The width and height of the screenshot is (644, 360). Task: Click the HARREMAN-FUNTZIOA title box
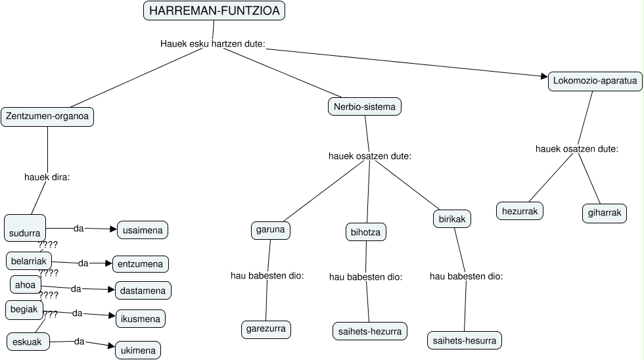point(214,11)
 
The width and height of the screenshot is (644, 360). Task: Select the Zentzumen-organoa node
point(47,117)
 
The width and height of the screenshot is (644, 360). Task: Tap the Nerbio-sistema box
point(364,106)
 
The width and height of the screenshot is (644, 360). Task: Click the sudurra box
point(25,228)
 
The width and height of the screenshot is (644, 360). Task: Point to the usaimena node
point(143,229)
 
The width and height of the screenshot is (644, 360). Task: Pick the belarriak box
point(28,261)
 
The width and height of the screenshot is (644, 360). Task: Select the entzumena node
point(141,263)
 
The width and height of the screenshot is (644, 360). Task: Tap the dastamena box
point(143,290)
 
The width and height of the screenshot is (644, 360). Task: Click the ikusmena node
point(141,319)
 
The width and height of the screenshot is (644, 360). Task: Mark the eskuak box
point(28,342)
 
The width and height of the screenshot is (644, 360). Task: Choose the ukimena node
point(138,350)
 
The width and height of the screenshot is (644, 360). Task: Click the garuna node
point(270,231)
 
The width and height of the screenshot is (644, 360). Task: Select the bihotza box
point(366,232)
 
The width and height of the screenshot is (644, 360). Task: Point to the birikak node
point(452,219)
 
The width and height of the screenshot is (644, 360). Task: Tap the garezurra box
point(266,328)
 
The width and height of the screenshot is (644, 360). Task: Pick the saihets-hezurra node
point(369,331)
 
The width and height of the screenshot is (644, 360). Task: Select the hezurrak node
point(520,211)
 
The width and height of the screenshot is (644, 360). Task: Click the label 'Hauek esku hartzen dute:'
point(212,44)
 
